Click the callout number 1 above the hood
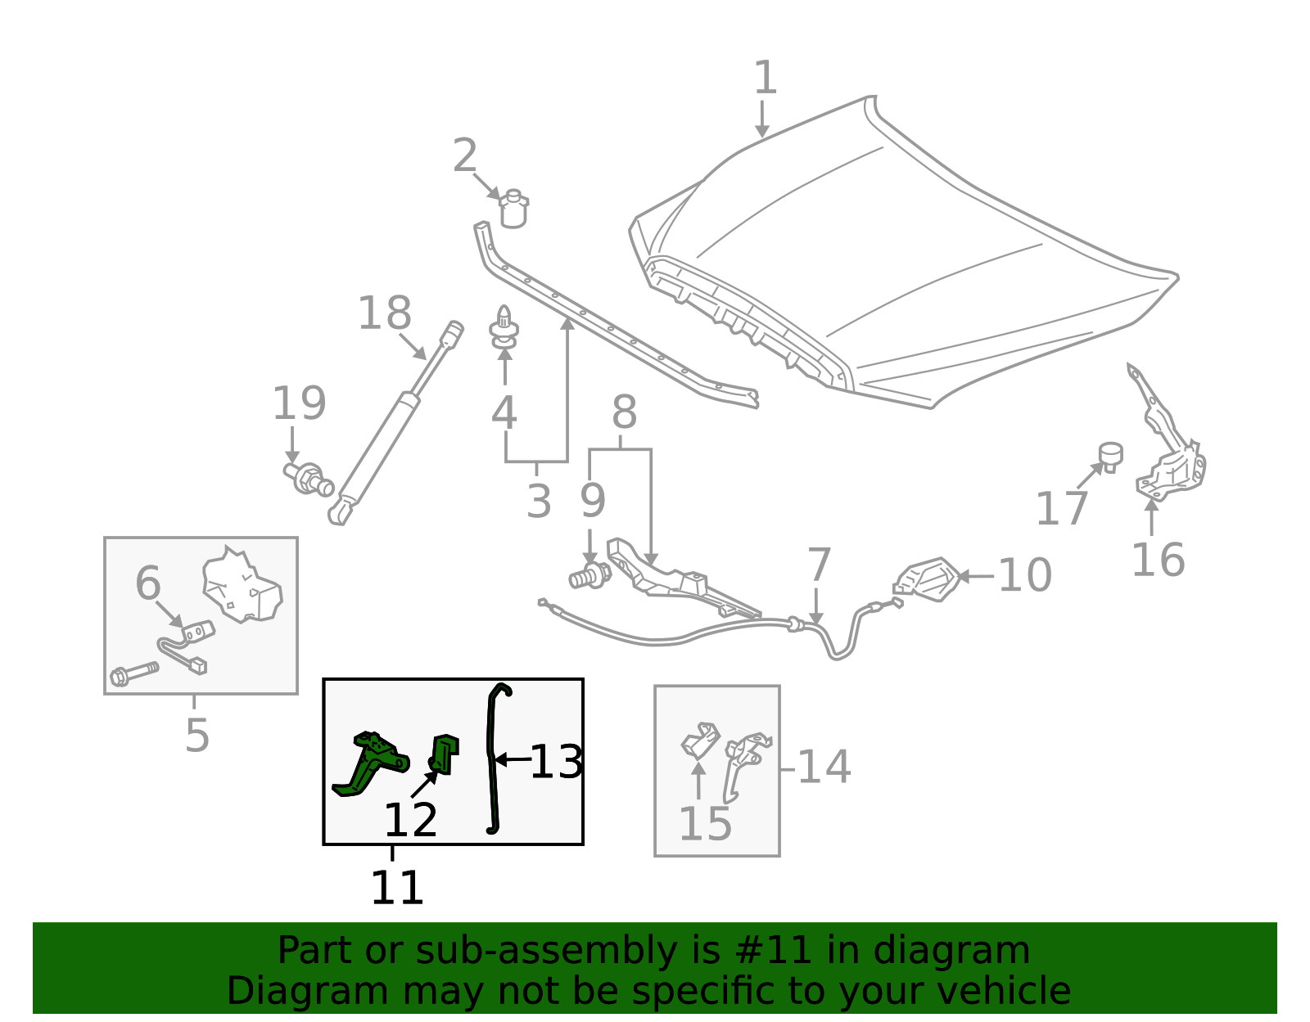[764, 78]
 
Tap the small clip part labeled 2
[513, 209]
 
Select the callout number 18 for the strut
[384, 313]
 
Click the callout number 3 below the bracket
[538, 501]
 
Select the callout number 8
[624, 412]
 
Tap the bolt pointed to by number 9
[589, 575]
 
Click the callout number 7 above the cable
[819, 565]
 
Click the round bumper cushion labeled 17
[1110, 455]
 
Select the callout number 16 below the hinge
[1157, 561]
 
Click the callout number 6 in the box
[148, 584]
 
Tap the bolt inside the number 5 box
[133, 674]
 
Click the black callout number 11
[397, 888]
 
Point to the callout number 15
[705, 823]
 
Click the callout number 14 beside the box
[824, 768]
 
